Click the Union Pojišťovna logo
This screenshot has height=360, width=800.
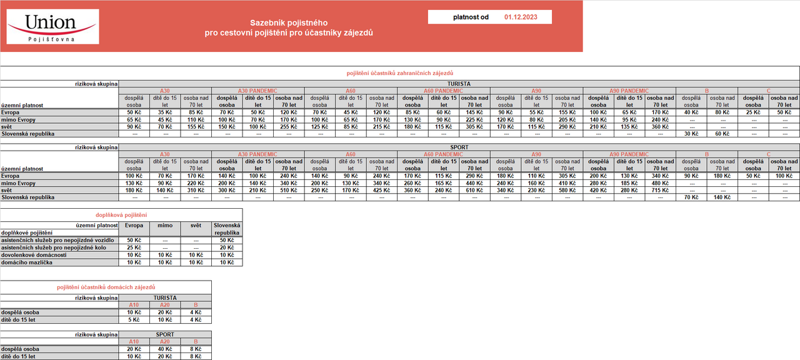[52, 26]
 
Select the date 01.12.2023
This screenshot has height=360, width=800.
[520, 17]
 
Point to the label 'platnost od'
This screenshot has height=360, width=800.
[471, 17]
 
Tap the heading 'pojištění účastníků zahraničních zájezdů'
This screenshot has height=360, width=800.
[400, 73]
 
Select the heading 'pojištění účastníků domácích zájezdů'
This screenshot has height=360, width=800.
[106, 286]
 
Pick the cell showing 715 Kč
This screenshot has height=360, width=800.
[660, 190]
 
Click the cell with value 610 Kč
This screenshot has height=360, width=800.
[474, 190]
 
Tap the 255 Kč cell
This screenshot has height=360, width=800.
[289, 126]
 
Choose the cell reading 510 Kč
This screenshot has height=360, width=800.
[289, 190]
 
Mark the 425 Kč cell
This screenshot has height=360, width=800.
[381, 190]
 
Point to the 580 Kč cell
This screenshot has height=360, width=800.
[567, 190]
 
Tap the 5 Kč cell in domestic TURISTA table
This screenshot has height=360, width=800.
[134, 319]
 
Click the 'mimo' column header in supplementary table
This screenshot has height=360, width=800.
[165, 225]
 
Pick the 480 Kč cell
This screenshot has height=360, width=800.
[660, 183]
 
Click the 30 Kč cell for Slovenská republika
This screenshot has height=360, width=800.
[691, 133]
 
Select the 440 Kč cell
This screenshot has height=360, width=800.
[474, 183]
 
